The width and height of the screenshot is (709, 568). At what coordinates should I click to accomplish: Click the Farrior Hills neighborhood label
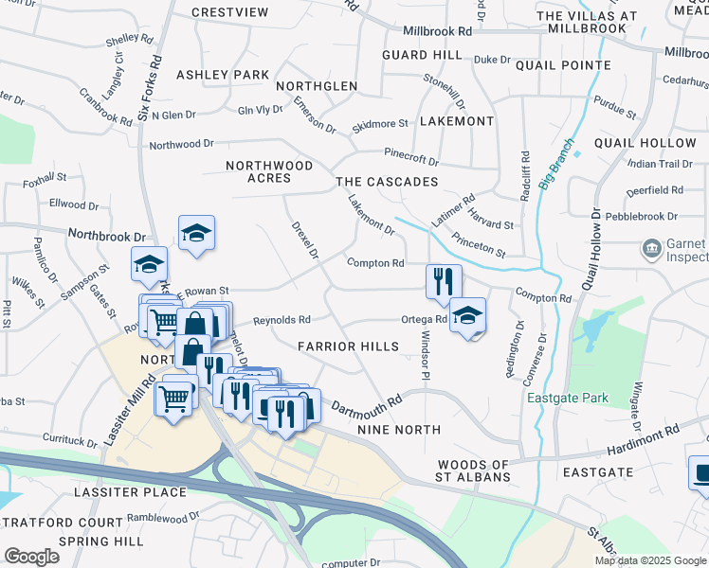[348, 346]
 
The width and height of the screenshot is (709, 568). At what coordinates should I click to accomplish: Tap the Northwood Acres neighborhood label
[269, 171]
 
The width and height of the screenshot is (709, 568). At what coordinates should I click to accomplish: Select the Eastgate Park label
[569, 399]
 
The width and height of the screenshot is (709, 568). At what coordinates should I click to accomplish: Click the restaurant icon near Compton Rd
[444, 281]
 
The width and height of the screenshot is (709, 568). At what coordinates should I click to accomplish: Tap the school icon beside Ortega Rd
[467, 315]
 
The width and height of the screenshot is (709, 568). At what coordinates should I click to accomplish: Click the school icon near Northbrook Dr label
[196, 233]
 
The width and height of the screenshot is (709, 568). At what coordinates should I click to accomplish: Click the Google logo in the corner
[31, 557]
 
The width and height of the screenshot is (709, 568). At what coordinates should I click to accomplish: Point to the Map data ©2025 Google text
[650, 560]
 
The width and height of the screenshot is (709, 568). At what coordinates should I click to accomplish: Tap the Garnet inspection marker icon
[652, 249]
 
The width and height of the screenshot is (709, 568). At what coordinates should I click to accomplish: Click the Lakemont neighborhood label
[456, 122]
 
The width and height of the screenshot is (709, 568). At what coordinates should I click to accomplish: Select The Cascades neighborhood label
[387, 182]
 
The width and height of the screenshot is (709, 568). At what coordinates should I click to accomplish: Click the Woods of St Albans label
[473, 470]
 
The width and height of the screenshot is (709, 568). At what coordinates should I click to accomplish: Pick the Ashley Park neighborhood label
[223, 75]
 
